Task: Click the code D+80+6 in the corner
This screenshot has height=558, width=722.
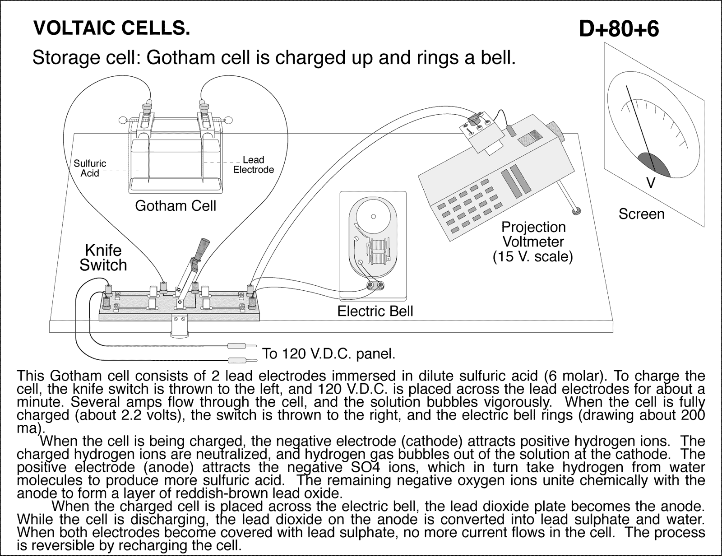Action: [x=618, y=29]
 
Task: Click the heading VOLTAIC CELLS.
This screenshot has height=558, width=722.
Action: [x=111, y=28]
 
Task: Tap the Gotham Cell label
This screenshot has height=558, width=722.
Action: [x=176, y=206]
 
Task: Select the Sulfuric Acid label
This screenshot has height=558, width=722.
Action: [x=90, y=168]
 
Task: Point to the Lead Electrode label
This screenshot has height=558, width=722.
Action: [x=253, y=165]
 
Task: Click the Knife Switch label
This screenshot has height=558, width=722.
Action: [x=103, y=258]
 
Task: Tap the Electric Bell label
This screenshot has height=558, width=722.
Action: [x=375, y=311]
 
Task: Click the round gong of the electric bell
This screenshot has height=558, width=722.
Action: [x=373, y=216]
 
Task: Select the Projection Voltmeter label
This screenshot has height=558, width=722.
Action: [x=533, y=234]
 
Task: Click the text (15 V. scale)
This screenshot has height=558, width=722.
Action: [x=532, y=257]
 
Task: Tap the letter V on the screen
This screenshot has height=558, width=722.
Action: [x=651, y=183]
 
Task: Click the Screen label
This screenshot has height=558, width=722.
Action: [x=641, y=214]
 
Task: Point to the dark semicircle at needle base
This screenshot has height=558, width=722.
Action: [x=653, y=164]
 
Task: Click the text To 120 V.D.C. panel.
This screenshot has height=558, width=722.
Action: [x=329, y=353]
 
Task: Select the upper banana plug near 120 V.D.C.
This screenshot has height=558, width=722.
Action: [x=238, y=346]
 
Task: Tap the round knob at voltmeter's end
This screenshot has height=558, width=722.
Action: [x=576, y=210]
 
